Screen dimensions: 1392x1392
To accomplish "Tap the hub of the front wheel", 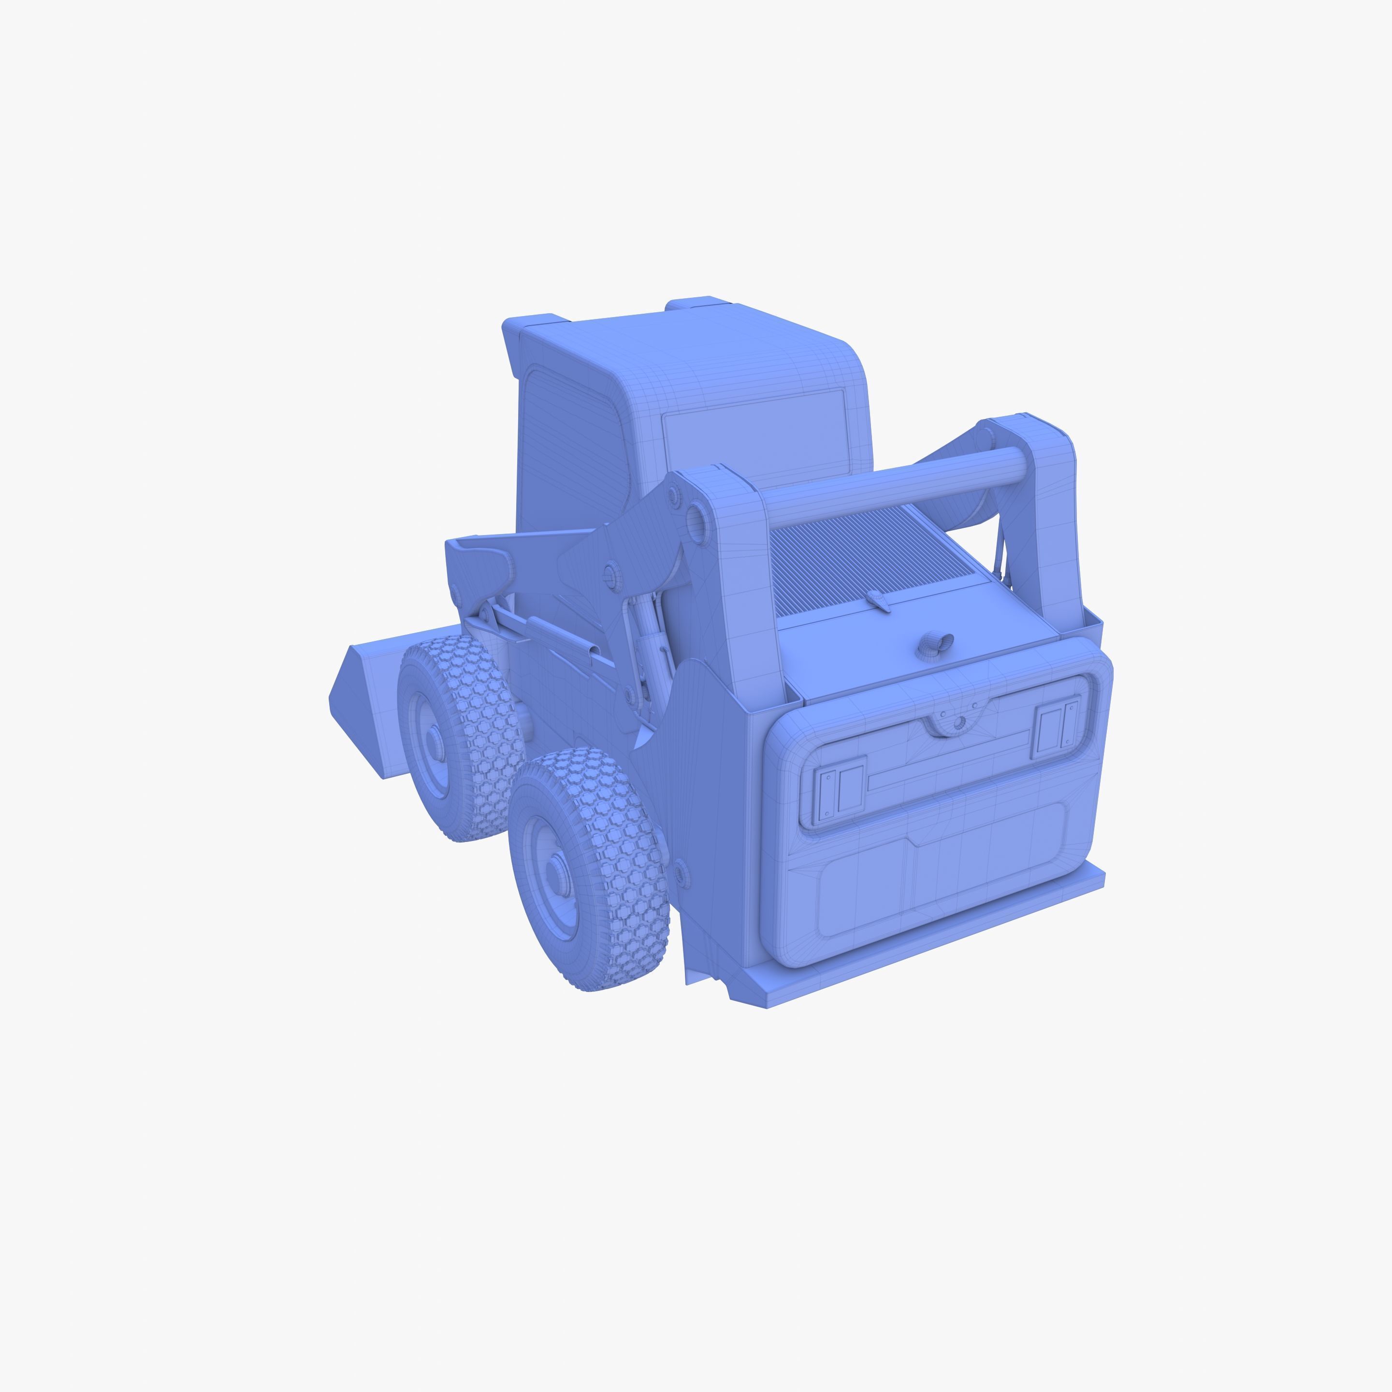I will pyautogui.click(x=432, y=741).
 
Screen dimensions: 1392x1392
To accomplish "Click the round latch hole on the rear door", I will pyautogui.click(x=959, y=723).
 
